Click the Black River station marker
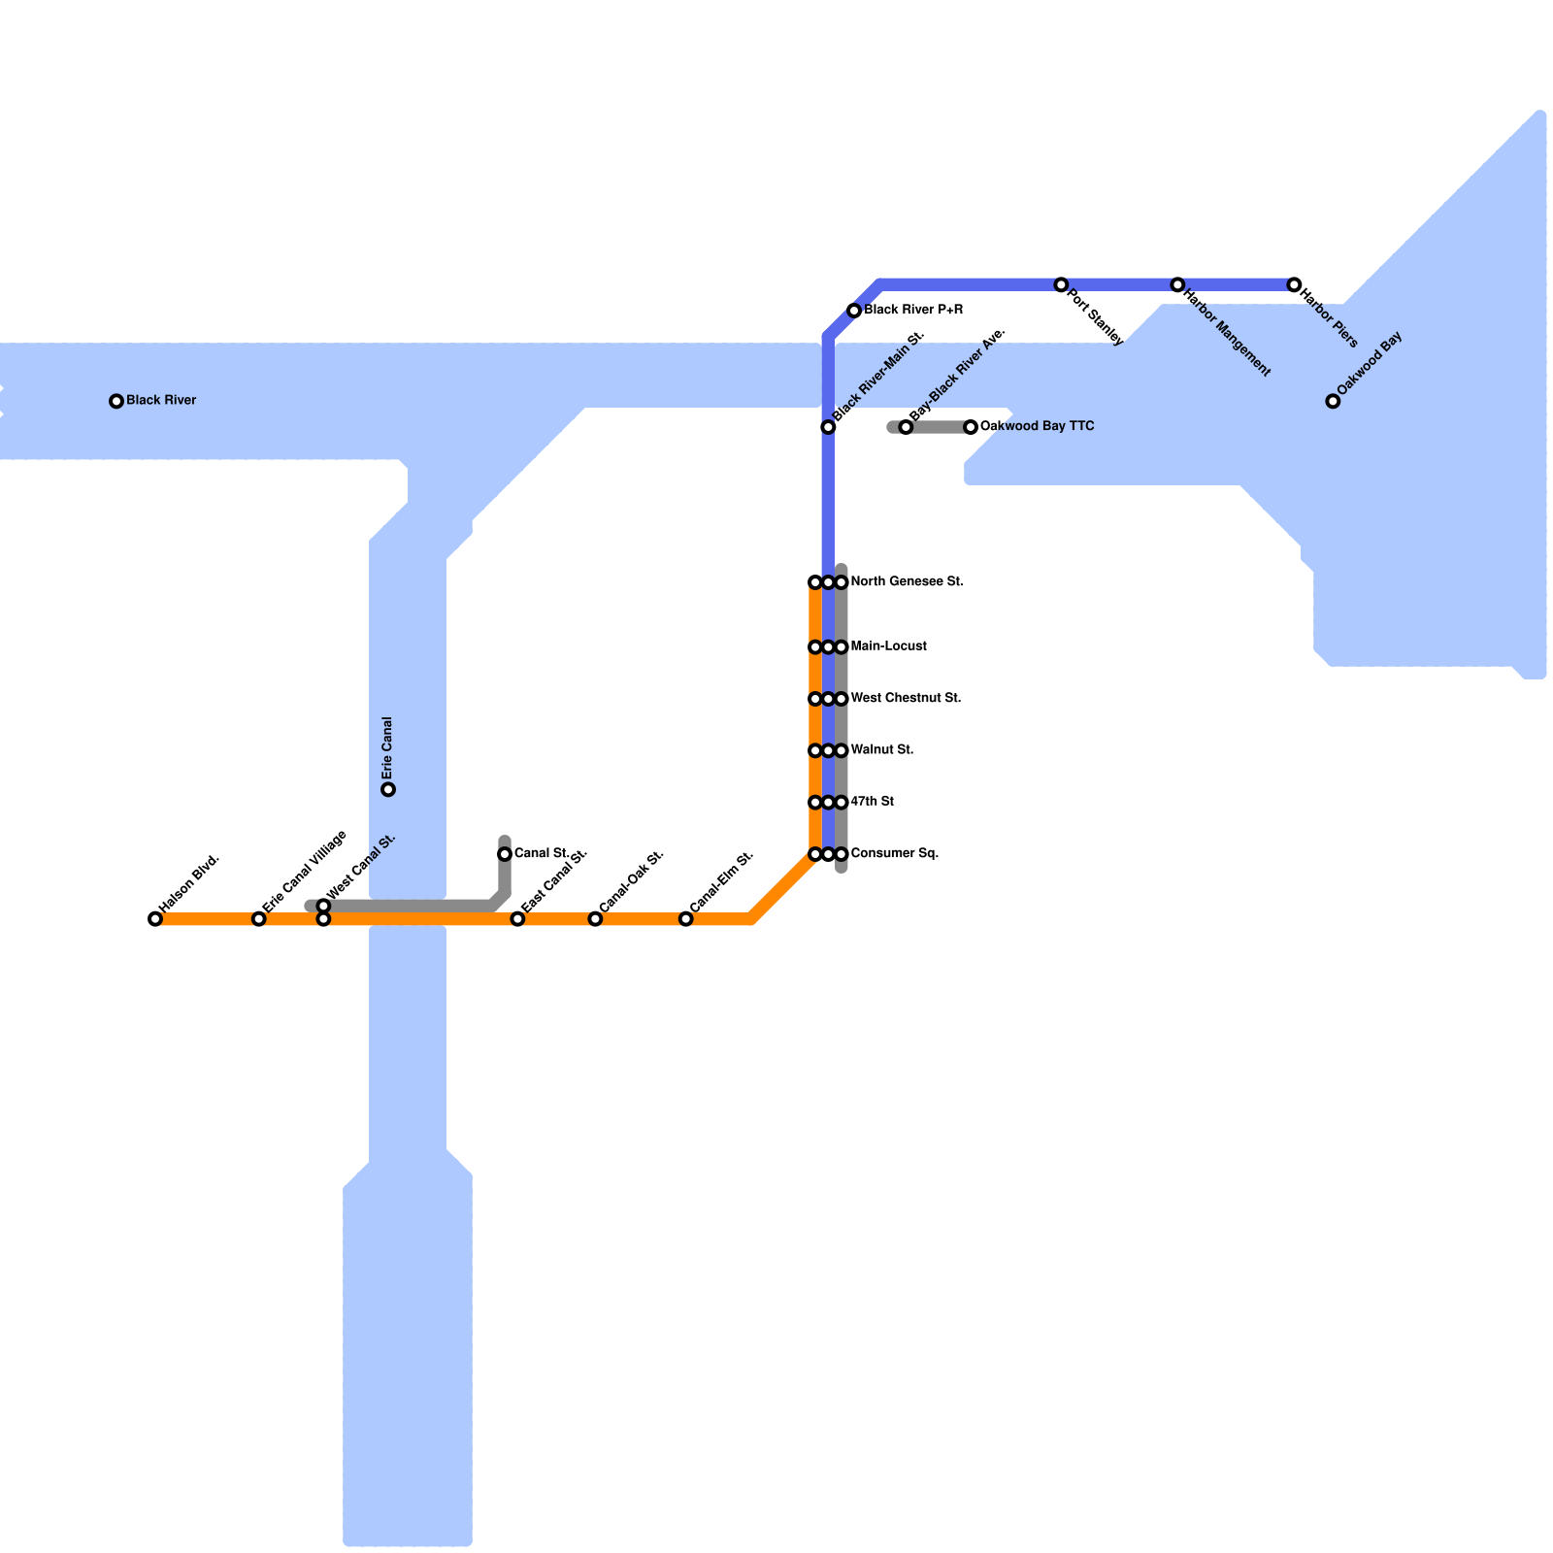(116, 401)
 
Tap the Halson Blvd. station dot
(155, 919)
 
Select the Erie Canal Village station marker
(259, 919)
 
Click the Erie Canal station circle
(388, 790)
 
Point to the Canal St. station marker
(505, 854)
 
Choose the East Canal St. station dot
(518, 919)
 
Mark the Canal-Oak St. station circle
(596, 919)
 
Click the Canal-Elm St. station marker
(686, 919)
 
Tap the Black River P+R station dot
(854, 311)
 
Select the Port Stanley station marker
(1062, 285)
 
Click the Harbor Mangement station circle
(1177, 285)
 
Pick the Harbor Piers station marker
(1294, 285)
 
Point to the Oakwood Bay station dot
(1334, 401)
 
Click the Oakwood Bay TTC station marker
(971, 427)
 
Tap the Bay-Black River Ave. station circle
(906, 427)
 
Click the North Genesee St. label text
(907, 582)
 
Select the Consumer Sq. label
(894, 854)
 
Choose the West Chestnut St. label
(906, 699)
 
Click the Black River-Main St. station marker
(828, 427)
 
